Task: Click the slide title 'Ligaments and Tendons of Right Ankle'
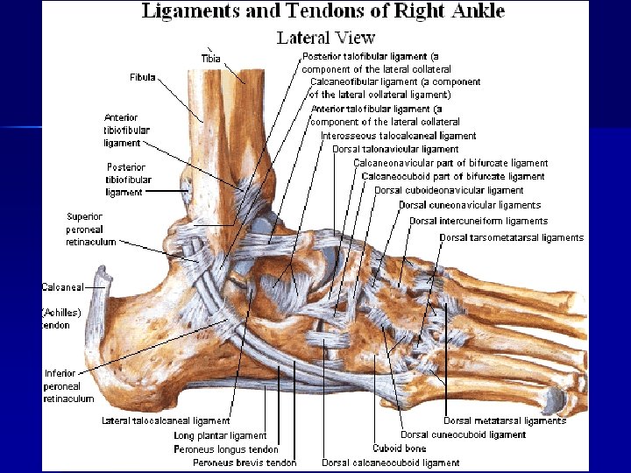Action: (323, 11)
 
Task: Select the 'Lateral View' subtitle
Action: (325, 38)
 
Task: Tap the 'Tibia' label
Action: (211, 59)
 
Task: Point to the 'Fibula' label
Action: (142, 77)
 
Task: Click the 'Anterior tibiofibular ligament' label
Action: (127, 131)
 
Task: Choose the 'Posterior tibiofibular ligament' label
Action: (128, 180)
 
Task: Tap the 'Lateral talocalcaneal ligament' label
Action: (166, 421)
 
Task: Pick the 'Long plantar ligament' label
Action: (220, 435)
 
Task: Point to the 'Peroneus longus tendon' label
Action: (226, 449)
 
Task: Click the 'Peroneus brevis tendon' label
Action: (245, 462)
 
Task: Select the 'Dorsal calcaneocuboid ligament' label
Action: (391, 462)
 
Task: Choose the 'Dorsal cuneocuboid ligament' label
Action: (463, 434)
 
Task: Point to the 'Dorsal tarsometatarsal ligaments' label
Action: (511, 237)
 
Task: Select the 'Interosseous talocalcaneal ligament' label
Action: (399, 136)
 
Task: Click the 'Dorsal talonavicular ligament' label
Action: (395, 149)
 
